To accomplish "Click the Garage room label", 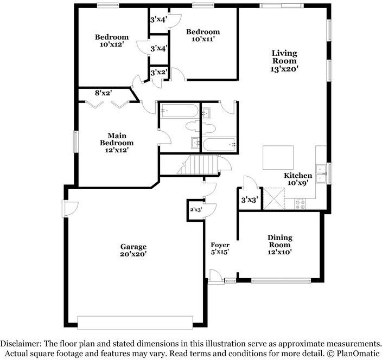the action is (x=133, y=250).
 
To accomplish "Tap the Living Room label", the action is (x=284, y=61).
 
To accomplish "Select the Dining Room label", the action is (x=279, y=245).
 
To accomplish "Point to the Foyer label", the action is (x=220, y=248).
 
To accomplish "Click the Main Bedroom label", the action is (x=117, y=143).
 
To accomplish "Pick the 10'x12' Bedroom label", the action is (x=112, y=41).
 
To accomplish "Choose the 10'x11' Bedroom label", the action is (x=203, y=35).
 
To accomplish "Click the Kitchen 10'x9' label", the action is (x=298, y=179).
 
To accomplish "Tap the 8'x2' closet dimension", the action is (x=103, y=93).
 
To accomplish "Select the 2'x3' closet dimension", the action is (x=196, y=209).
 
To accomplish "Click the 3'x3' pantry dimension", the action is (x=250, y=200).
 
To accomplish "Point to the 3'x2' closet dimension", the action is (x=158, y=73).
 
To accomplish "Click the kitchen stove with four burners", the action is (x=300, y=204).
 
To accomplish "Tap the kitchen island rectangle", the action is (x=278, y=157).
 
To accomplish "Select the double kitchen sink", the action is (x=321, y=174).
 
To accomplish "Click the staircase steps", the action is (x=200, y=165).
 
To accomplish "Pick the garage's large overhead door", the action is (x=135, y=323).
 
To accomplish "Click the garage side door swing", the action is (x=70, y=209).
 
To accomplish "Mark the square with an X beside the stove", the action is (x=274, y=198).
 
